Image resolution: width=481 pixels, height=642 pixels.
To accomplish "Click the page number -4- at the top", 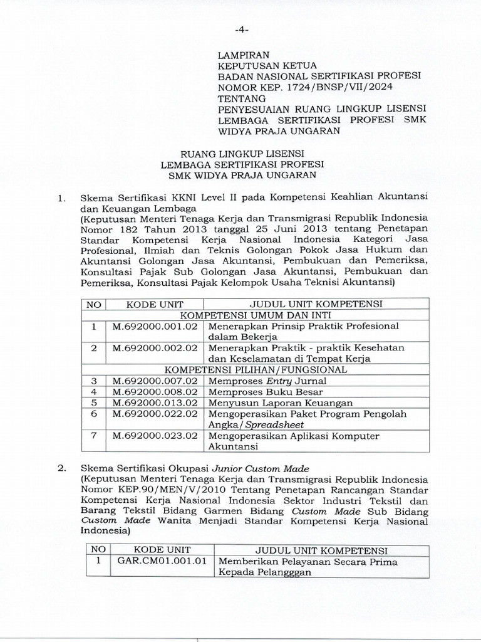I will tap(240, 29).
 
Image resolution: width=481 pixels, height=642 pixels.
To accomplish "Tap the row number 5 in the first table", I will tap(94, 403).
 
